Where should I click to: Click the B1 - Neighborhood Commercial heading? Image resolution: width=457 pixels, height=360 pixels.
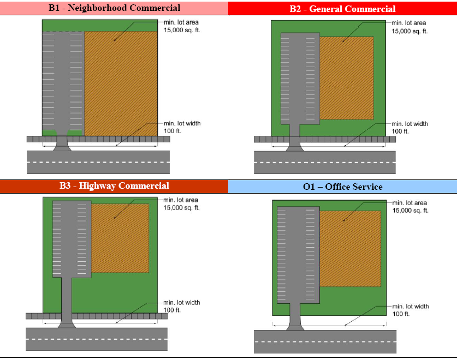[114, 8]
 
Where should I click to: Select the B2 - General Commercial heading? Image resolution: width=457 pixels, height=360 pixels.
[342, 9]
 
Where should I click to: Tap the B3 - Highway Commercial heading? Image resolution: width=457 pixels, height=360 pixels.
[114, 186]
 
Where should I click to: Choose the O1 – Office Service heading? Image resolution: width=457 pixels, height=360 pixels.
[342, 187]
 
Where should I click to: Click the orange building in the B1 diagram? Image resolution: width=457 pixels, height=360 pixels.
[121, 82]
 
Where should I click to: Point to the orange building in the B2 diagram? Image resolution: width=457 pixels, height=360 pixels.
[346, 78]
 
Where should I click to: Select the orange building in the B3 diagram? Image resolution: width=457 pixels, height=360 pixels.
[120, 238]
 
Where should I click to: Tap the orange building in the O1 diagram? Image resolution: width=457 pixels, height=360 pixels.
[349, 248]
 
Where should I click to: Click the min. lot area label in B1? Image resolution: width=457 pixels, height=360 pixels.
[181, 25]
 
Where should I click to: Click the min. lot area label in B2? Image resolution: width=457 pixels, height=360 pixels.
[409, 27]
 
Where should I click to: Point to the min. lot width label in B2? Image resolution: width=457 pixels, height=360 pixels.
[409, 128]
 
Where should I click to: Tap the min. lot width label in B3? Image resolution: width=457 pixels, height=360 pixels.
[181, 306]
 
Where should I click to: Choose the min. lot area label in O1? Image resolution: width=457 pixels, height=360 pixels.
[409, 206]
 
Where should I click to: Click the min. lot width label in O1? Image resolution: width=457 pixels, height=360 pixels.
[409, 310]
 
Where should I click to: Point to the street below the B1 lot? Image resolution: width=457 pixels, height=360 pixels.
[98, 163]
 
